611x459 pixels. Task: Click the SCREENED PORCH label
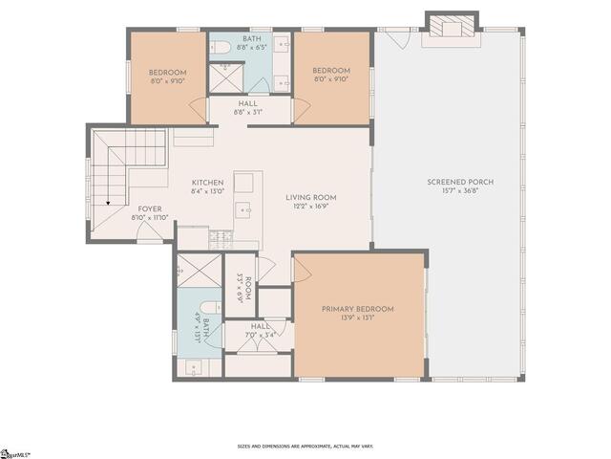[x=448, y=182]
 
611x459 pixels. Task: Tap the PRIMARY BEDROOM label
[x=357, y=309]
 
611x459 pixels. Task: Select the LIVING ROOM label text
[x=311, y=198]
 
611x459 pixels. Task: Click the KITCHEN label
[x=207, y=183]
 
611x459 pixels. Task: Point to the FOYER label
[x=150, y=208]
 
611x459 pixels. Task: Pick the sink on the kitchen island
[x=245, y=208]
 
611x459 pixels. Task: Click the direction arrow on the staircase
[x=109, y=202]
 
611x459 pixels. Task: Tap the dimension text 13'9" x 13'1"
[x=357, y=318]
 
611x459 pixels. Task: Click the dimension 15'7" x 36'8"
[x=448, y=191]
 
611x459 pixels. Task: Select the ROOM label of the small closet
[x=247, y=284]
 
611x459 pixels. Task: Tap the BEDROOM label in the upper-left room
[x=167, y=72]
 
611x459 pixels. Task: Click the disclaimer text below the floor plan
[x=305, y=447]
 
